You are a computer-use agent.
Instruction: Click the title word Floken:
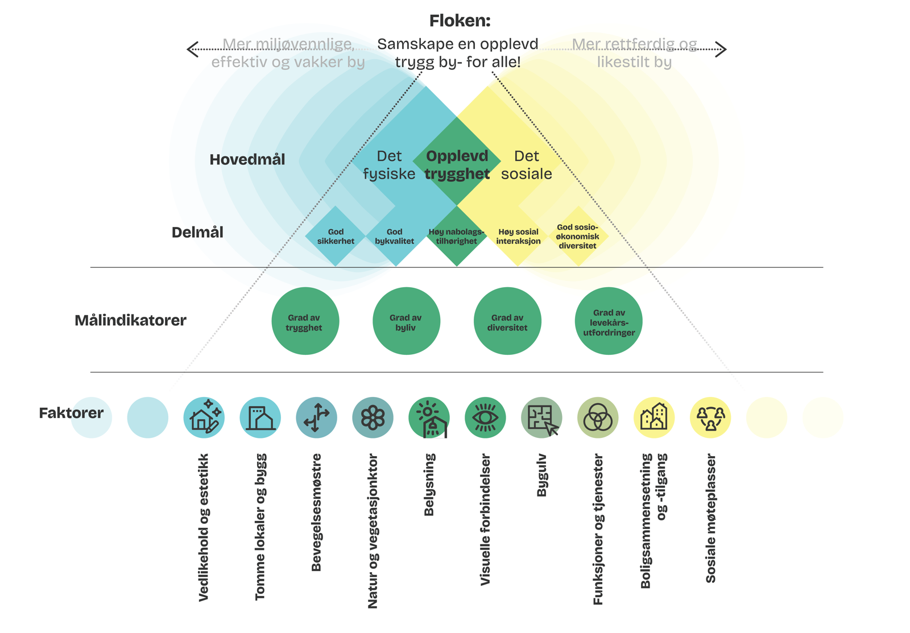460,21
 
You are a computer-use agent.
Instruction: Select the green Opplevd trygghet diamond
457,162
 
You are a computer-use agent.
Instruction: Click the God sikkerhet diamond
336,236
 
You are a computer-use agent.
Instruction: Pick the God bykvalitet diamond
395,236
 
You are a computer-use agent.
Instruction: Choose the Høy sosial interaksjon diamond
518,236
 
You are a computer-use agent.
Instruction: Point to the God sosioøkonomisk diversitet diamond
577,236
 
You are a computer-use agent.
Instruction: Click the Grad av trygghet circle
305,321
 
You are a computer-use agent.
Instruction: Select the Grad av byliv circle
406,321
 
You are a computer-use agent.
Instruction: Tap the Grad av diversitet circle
507,321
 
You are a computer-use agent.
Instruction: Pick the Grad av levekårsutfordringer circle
609,321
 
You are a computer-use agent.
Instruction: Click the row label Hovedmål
247,160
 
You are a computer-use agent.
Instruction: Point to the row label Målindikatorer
130,320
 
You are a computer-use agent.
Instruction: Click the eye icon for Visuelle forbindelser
485,418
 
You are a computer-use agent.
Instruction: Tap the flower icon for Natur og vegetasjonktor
373,418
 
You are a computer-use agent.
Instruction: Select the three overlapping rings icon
598,418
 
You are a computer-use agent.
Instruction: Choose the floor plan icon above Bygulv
541,418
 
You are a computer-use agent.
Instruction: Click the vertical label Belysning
429,485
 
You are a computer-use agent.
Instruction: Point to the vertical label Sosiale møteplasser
710,518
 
